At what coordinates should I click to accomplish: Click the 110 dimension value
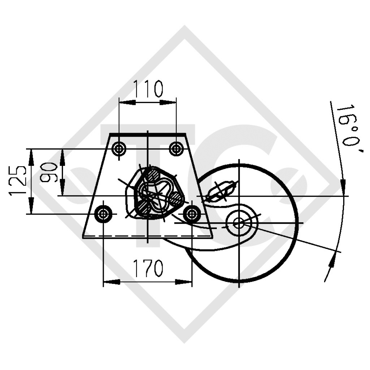pyautogui.click(x=148, y=89)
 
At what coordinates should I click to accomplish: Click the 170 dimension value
pyautogui.click(x=148, y=268)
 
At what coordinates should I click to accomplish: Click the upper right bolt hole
pyautogui.click(x=176, y=148)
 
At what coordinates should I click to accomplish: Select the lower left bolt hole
pyautogui.click(x=103, y=214)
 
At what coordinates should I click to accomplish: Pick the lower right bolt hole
pyautogui.click(x=192, y=214)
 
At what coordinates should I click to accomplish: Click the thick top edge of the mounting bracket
pyautogui.click(x=148, y=134)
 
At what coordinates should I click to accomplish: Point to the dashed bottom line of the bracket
pyautogui.click(x=148, y=237)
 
